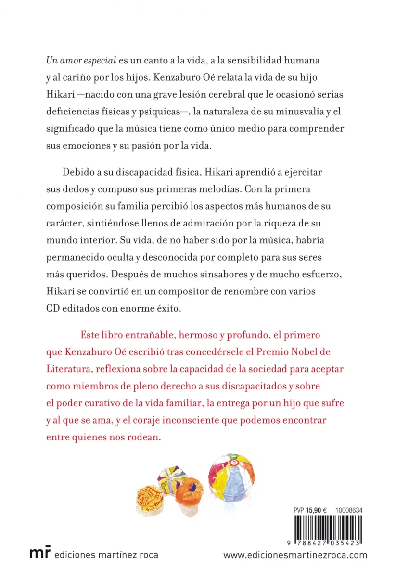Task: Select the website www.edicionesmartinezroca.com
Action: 295,555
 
